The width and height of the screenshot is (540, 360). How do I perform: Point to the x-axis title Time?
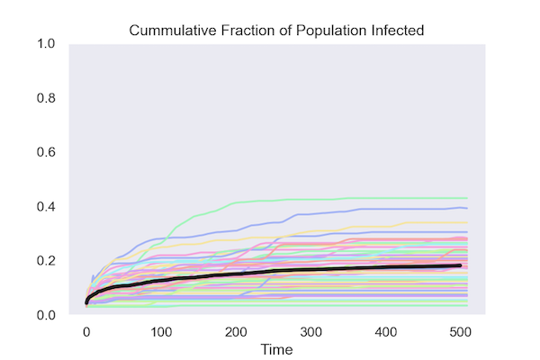[x=274, y=347]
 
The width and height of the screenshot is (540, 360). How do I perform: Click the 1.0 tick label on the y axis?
[x=46, y=44]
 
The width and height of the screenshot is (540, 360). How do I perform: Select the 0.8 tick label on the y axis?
[x=46, y=98]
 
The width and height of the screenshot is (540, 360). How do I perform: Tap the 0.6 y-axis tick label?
[x=46, y=152]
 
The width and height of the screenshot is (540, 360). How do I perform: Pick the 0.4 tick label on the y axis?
[x=46, y=207]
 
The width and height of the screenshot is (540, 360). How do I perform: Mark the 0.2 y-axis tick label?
[x=46, y=261]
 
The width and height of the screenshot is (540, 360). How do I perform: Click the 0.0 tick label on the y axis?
[x=46, y=315]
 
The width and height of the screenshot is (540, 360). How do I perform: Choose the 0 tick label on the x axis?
[x=86, y=329]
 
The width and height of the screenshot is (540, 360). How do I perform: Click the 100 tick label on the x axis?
[x=161, y=329]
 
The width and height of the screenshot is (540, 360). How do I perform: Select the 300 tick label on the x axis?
[x=311, y=329]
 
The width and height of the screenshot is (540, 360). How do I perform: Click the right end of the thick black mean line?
[x=461, y=265]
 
